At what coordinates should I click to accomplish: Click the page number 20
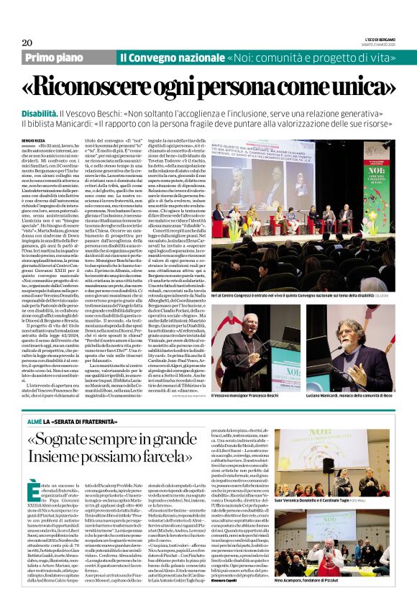[27, 42]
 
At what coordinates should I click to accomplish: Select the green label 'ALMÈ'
[35, 417]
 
